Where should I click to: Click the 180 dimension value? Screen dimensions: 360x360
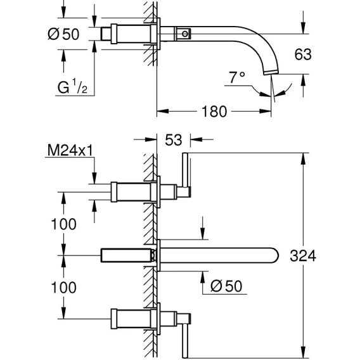[x=214, y=112]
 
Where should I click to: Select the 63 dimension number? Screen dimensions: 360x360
[x=303, y=55]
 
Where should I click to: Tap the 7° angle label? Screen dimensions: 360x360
[x=236, y=77]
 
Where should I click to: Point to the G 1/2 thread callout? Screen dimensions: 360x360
[x=72, y=86]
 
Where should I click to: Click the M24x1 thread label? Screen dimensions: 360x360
[x=70, y=150]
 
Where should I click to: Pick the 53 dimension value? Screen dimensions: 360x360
[x=173, y=140]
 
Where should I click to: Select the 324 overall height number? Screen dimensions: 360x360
[x=303, y=256]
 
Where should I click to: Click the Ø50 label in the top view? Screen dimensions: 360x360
[x=63, y=34]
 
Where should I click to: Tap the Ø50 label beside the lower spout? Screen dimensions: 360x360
[x=226, y=286]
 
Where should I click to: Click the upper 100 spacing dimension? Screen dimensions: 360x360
[x=63, y=224]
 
